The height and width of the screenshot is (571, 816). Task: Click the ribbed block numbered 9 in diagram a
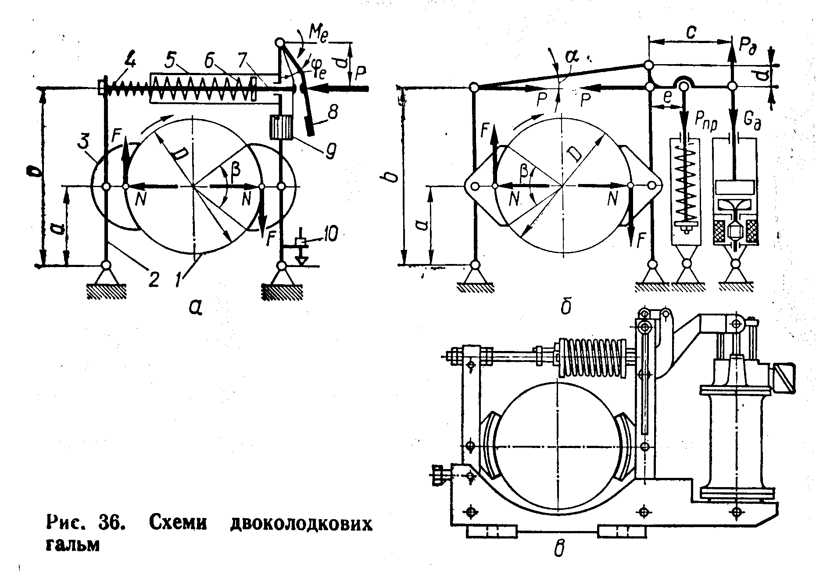pos(281,127)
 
